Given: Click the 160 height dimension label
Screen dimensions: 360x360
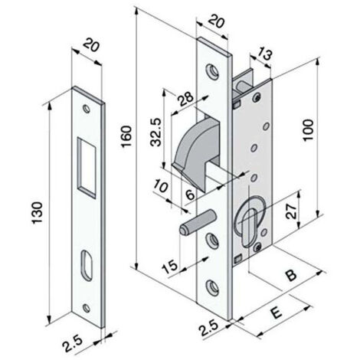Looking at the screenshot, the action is coord(127,136).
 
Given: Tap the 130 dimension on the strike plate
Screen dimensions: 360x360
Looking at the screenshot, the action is coord(38,213).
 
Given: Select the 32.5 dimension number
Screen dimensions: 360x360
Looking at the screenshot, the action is coord(156,132).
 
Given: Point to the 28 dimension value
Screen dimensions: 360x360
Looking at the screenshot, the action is coord(186,99).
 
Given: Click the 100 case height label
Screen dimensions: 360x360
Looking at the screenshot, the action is coord(308,129).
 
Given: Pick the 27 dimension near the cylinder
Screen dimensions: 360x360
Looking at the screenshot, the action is coord(292,211).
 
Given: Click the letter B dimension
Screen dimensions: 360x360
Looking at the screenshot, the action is coord(291,274).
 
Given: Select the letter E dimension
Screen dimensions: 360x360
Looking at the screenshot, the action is coord(276,313).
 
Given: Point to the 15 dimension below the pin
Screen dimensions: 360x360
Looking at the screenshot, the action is coord(170,267).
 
